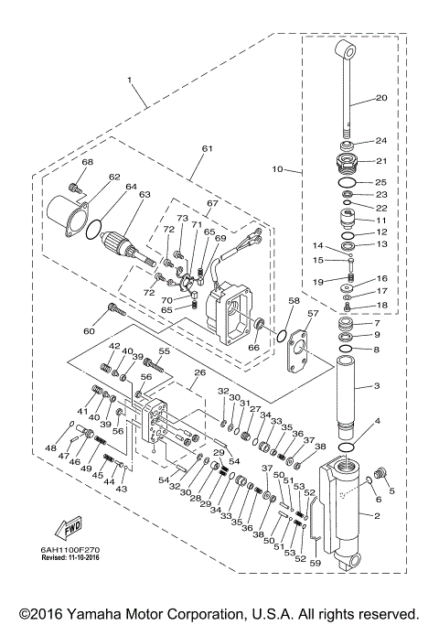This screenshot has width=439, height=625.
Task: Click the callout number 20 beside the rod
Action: click(381, 98)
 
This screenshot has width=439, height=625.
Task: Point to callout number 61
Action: click(207, 149)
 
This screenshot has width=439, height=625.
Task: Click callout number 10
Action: click(278, 169)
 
